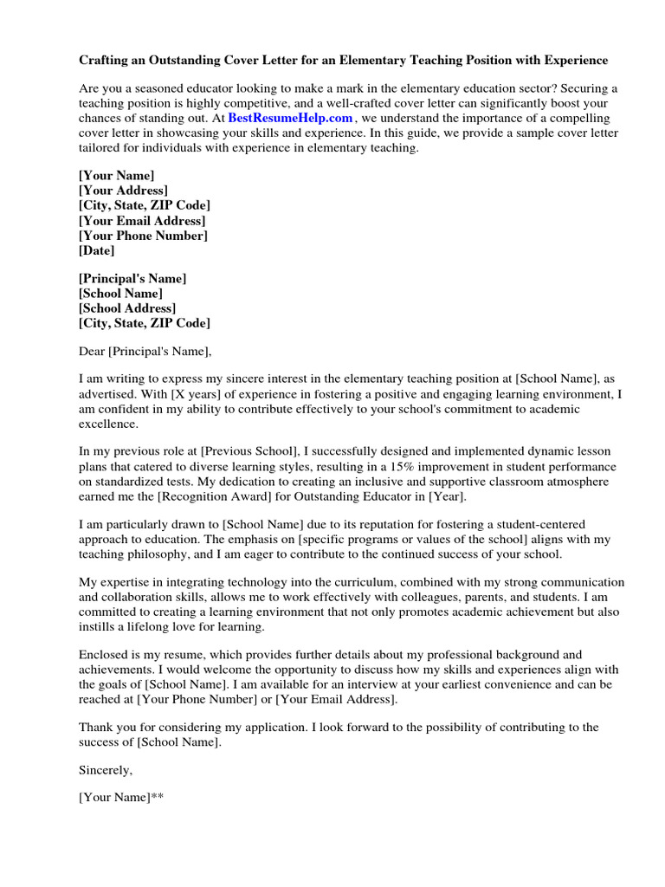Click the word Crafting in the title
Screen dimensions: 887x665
click(x=106, y=61)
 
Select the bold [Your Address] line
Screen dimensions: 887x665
click(x=123, y=191)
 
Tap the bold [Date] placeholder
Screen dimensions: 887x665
click(x=96, y=250)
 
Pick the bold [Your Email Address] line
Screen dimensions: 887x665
click(x=142, y=221)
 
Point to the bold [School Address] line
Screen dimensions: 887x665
click(x=127, y=308)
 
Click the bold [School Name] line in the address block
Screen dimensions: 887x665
click(x=120, y=294)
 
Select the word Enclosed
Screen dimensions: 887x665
click(x=105, y=655)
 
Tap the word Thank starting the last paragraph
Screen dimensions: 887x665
click(x=96, y=728)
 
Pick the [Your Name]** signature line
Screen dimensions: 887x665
click(x=121, y=798)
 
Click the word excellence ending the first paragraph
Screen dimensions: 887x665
click(x=107, y=424)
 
